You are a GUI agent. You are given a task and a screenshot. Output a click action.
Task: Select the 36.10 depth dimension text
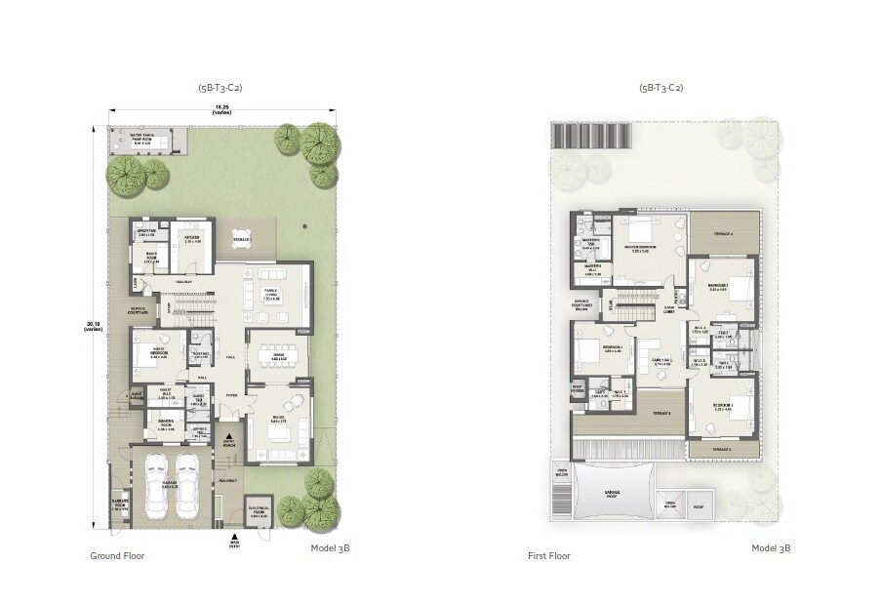click(x=92, y=328)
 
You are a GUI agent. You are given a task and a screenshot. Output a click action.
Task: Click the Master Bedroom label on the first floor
click(x=640, y=248)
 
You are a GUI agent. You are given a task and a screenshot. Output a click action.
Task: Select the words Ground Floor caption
click(x=118, y=555)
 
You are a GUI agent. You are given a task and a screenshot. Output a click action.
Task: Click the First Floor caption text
click(x=550, y=555)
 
